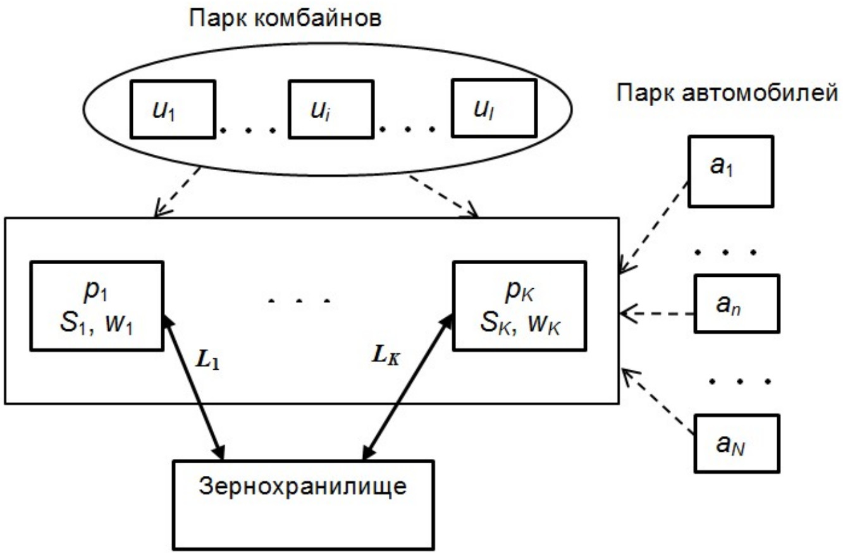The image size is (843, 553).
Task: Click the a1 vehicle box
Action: [x=729, y=171]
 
